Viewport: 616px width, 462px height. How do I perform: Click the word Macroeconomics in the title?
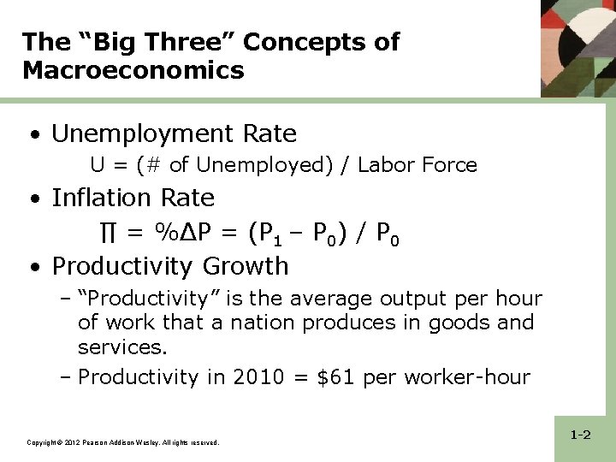[x=133, y=70]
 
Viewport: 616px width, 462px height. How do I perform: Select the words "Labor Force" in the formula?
[x=418, y=164]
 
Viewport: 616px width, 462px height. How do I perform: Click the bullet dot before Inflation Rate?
[x=33, y=199]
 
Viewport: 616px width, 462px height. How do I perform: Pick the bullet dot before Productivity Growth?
[x=33, y=268]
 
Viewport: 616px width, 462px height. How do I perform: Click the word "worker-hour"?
[x=466, y=377]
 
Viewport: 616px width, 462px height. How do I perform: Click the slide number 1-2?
[x=581, y=435]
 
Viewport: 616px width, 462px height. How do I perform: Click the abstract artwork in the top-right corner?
[x=577, y=47]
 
